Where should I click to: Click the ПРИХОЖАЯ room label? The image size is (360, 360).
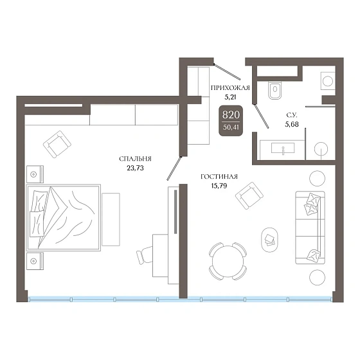(230, 88)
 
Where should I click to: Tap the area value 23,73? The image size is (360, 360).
(135, 168)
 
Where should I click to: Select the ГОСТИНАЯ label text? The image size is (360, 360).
(219, 177)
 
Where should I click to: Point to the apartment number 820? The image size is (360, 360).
(231, 114)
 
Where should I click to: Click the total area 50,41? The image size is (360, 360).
(231, 127)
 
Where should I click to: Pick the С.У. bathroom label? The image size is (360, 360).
(292, 115)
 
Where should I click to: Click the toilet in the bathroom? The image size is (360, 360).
(275, 89)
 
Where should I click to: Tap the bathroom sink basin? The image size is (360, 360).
(283, 148)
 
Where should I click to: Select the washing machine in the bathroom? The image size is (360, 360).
(328, 81)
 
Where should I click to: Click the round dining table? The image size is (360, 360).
(228, 261)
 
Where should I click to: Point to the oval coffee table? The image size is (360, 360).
(269, 240)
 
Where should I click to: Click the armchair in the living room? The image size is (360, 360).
(249, 196)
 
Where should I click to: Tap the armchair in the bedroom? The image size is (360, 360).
(57, 145)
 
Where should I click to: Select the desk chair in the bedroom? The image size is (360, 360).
(145, 255)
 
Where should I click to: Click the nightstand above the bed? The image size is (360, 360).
(35, 174)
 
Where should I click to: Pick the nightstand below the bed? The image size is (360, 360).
(35, 261)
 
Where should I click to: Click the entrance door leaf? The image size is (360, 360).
(227, 72)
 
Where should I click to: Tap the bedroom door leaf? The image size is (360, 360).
(174, 168)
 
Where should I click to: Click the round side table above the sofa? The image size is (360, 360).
(318, 179)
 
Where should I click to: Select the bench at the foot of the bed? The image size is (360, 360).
(111, 219)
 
